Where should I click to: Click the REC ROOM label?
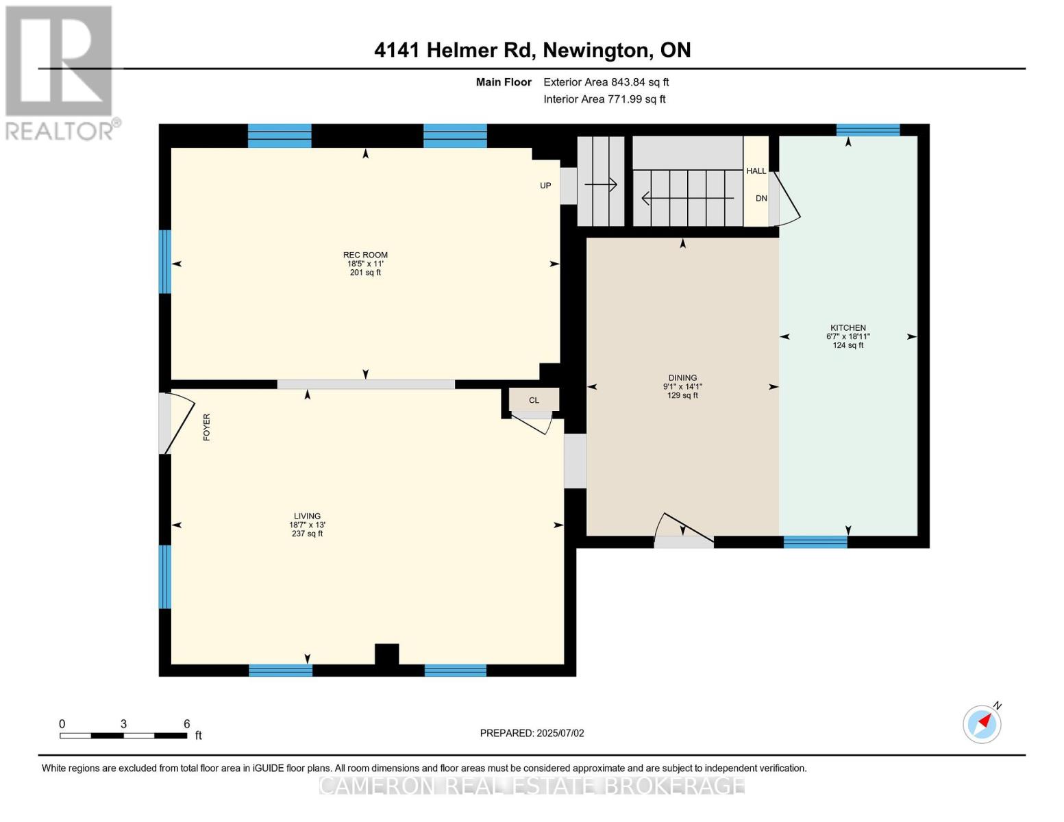(365, 255)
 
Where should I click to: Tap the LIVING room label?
(307, 516)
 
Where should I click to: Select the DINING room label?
(682, 378)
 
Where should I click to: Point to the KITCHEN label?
(848, 328)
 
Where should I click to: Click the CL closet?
(534, 400)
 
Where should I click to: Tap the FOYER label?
(206, 427)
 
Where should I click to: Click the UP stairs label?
(545, 186)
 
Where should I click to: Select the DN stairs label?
(761, 199)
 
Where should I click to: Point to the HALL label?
(756, 171)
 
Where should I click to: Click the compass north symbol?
(982, 723)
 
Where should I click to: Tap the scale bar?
(123, 736)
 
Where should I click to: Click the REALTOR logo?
(60, 72)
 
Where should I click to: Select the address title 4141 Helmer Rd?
(532, 50)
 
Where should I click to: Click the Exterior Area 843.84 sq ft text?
(606, 82)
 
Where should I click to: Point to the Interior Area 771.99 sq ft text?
(604, 99)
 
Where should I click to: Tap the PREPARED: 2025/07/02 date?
(532, 733)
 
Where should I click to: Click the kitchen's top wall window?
(867, 130)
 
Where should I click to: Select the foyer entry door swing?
(177, 423)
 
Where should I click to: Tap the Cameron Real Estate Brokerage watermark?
(532, 785)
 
